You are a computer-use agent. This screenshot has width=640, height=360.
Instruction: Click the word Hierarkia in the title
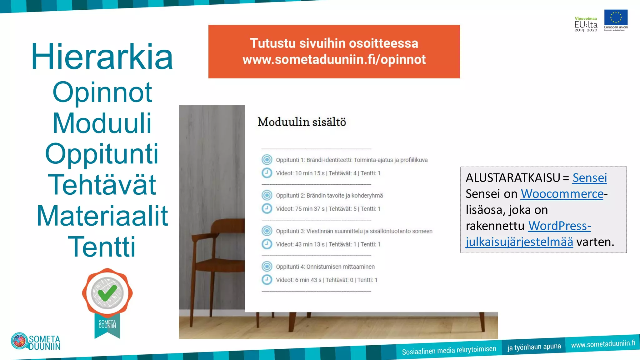pos(102,57)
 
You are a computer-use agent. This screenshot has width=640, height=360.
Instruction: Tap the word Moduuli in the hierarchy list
pos(102,123)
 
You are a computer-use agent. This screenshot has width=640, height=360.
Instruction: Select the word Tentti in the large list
pos(102,247)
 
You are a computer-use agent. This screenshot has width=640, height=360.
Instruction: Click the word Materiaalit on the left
pos(102,216)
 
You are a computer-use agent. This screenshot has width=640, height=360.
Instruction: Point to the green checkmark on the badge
pos(107,292)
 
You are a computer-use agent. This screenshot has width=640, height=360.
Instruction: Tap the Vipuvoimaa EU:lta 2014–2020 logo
pos(586,24)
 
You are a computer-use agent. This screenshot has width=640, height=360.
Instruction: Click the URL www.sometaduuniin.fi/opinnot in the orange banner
pos(334,59)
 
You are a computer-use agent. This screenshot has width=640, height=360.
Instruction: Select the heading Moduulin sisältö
pos(302,122)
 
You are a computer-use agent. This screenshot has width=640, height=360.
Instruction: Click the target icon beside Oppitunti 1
pos(267,160)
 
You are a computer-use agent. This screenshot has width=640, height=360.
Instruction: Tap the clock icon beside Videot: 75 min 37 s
pos(267,208)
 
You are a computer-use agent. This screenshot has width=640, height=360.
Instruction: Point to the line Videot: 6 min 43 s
pos(326,280)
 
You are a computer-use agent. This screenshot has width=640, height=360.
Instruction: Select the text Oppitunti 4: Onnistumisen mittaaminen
pos(325,267)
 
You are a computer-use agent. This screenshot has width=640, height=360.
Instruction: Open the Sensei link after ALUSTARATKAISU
pos(589,178)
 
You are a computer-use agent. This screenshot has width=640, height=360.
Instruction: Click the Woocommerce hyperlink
pos(562,194)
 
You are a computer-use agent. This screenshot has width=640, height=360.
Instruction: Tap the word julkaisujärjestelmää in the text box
pos(519,242)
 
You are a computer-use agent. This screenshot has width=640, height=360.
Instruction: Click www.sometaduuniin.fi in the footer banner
pos(603,344)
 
